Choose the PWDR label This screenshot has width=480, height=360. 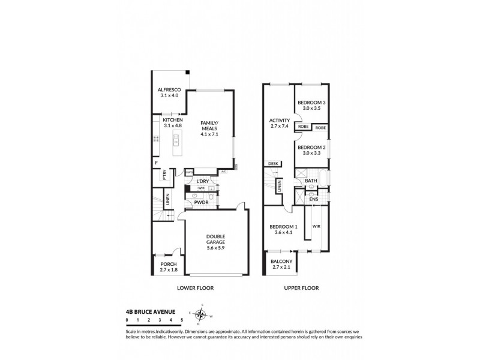click(x=200, y=202)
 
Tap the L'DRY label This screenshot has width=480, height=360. click(x=203, y=181)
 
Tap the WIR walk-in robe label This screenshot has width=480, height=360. click(x=316, y=226)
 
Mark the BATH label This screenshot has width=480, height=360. click(x=311, y=180)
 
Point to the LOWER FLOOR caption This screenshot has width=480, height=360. click(x=195, y=288)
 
